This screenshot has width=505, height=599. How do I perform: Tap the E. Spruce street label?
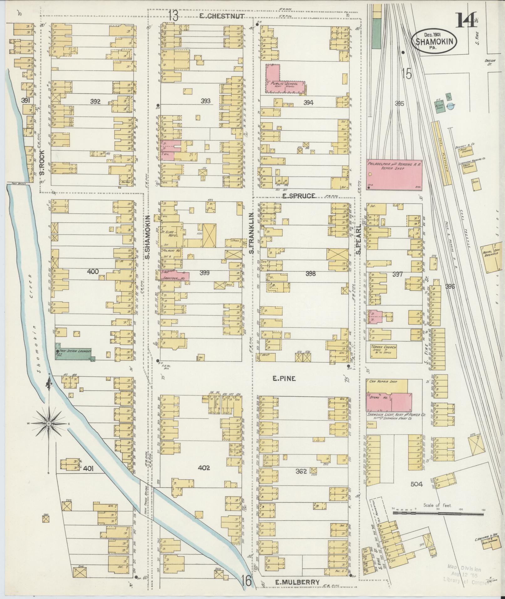[x=298, y=196]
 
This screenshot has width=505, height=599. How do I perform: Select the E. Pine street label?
[x=284, y=378]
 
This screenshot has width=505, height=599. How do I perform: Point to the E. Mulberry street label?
[x=297, y=582]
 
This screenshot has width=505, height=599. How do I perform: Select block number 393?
[x=205, y=101]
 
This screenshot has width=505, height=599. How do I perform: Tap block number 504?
[x=416, y=484]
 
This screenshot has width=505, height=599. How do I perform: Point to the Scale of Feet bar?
[x=438, y=514]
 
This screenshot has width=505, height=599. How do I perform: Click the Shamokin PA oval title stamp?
[x=434, y=42]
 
